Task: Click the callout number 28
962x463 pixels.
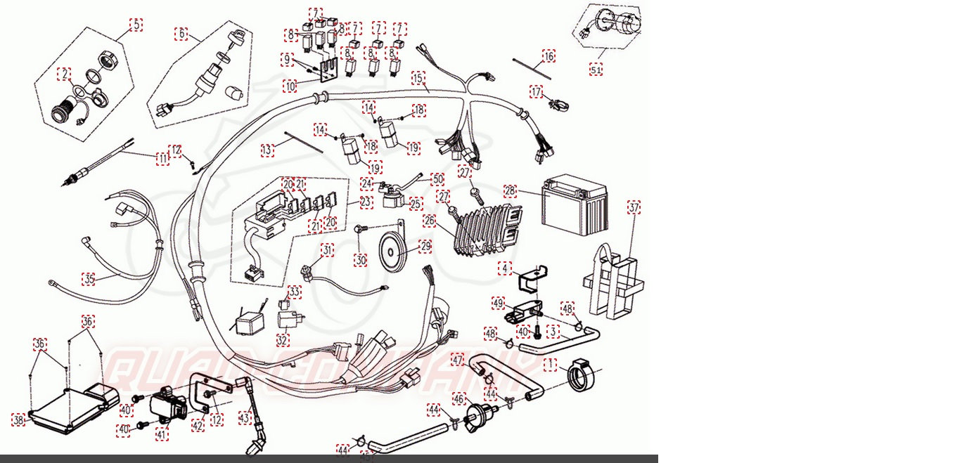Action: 511,190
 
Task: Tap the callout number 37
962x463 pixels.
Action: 634,207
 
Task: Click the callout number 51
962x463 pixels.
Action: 596,70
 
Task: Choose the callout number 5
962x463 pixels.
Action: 136,25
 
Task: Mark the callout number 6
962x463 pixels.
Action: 181,34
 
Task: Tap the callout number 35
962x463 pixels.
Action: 88,279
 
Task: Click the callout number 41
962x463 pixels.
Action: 162,435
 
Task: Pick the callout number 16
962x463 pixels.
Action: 549,56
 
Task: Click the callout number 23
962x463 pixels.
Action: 366,202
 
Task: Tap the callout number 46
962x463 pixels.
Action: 458,399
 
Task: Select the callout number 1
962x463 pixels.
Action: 550,365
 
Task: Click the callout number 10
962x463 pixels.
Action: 290,86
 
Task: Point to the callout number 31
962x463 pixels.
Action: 328,249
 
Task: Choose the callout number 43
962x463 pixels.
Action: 244,417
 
